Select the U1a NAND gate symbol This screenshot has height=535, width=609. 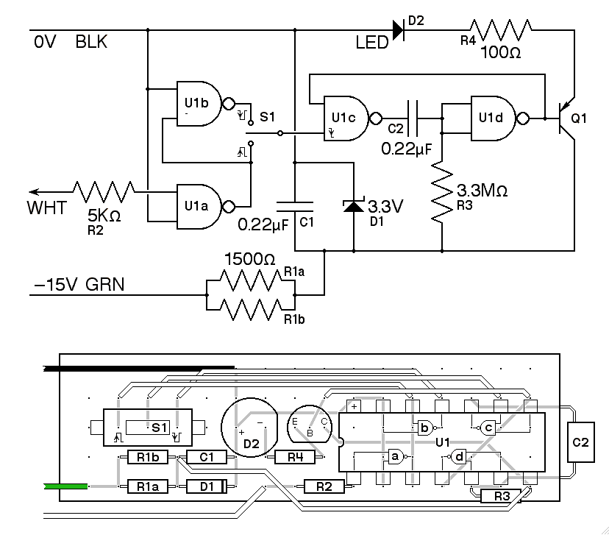click(x=197, y=205)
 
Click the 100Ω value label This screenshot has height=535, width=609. click(x=502, y=53)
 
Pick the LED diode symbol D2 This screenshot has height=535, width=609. click(x=398, y=30)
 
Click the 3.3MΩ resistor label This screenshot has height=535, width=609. click(x=482, y=190)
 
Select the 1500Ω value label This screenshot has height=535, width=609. click(x=249, y=260)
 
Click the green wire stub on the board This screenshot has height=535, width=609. click(x=66, y=486)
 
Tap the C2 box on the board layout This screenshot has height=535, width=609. click(x=581, y=442)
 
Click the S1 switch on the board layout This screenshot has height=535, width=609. click(x=148, y=427)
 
